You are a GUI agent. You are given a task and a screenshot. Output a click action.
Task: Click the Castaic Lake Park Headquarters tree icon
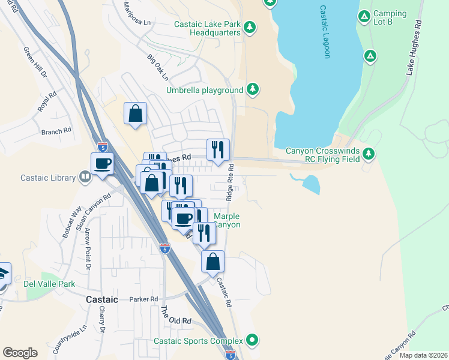point(250,27)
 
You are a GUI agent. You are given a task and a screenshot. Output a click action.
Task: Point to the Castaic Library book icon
point(85,177)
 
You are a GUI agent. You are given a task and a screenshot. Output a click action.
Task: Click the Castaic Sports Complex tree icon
point(253,341)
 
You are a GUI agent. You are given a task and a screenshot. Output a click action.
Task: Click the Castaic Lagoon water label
point(325,40)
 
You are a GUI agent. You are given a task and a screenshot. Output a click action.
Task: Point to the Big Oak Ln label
point(158,68)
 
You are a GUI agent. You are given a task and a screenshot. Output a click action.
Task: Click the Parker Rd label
point(143,299)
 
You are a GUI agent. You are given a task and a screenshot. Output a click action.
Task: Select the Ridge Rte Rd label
point(230,183)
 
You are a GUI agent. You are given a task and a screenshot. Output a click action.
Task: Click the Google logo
point(20,353)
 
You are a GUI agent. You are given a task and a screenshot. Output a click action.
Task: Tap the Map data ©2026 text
point(424,355)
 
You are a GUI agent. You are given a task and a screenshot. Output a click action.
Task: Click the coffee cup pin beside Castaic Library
point(101,163)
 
